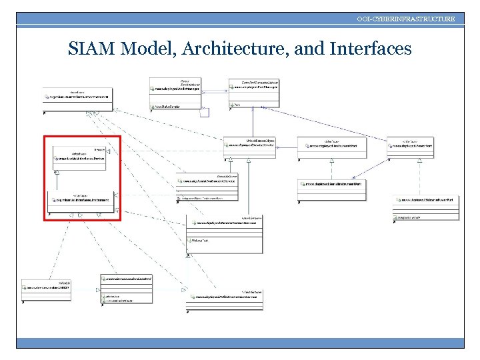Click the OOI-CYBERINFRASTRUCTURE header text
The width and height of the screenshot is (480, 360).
coord(405,19)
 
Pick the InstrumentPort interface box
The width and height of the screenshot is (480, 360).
coord(331,147)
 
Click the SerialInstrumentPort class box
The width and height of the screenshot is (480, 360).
coord(331,189)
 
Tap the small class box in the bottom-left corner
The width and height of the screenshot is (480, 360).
coord(46,289)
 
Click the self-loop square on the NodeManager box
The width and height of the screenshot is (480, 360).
coord(205,112)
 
